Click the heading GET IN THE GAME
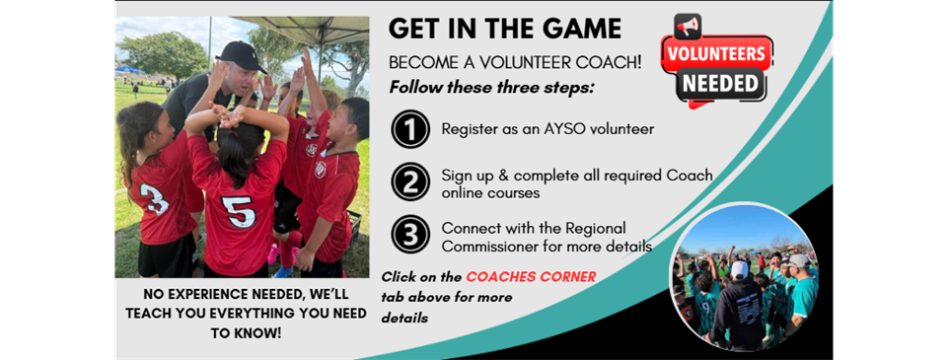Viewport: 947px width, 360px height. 504,29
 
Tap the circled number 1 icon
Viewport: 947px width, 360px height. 408,129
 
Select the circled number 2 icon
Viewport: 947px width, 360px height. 408,182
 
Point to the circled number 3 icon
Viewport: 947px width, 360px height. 408,235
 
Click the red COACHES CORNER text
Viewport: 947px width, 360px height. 531,277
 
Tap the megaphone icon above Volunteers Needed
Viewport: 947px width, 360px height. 689,27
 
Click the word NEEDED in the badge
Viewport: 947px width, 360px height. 716,83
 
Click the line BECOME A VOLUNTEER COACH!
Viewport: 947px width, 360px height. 514,61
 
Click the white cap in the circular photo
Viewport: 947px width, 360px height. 739,269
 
